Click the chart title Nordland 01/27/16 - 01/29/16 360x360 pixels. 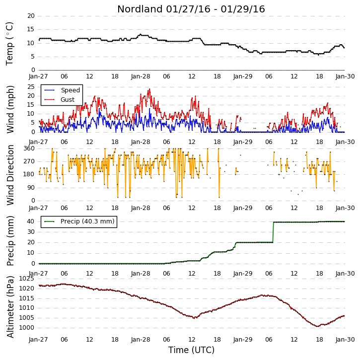[x=191, y=9]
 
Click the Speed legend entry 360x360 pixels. [x=62, y=90]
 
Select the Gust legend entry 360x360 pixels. [x=60, y=100]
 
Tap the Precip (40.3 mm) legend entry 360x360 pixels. [x=79, y=221]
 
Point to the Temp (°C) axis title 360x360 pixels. [x=9, y=44]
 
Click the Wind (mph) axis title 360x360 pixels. [x=10, y=109]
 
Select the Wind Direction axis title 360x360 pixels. [x=10, y=175]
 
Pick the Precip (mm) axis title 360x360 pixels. [x=10, y=241]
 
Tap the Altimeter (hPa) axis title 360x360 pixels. [x=10, y=307]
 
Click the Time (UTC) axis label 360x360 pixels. [x=191, y=350]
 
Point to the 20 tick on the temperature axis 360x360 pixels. [x=31, y=16]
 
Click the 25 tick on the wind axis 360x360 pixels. [x=31, y=87]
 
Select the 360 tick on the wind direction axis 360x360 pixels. [x=29, y=148]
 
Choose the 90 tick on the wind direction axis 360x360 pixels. [x=31, y=188]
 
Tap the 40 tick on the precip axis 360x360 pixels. [x=31, y=221]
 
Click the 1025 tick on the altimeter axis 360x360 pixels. [x=26, y=279]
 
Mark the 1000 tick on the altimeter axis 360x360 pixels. [x=26, y=328]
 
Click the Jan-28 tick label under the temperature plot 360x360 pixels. [x=141, y=76]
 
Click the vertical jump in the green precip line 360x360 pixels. [x=273, y=232]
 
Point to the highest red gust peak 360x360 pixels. [x=149, y=89]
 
